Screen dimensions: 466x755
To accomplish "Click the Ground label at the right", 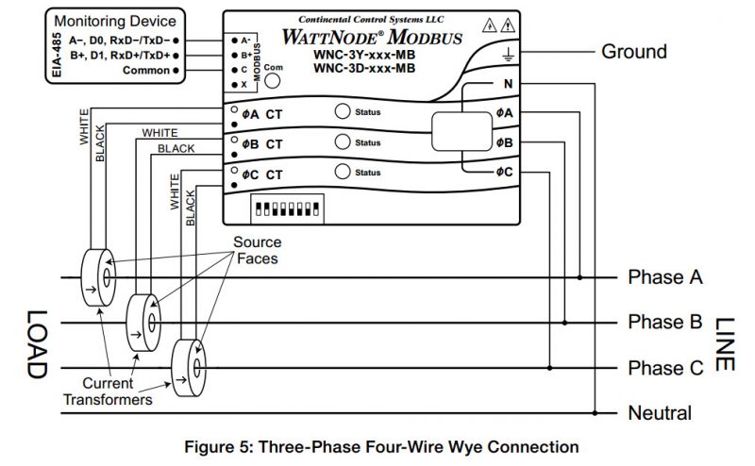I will [633, 52].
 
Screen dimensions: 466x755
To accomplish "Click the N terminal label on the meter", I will [507, 85].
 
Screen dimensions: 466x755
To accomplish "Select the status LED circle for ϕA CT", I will [343, 111].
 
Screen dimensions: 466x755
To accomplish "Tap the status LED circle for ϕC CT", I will [343, 172].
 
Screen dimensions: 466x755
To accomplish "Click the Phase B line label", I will [665, 323].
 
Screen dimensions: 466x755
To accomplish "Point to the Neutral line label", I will [660, 413].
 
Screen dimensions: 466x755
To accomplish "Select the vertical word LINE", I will [725, 342].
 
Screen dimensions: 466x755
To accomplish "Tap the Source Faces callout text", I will [258, 250].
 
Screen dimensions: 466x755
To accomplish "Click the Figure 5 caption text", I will [377, 446].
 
